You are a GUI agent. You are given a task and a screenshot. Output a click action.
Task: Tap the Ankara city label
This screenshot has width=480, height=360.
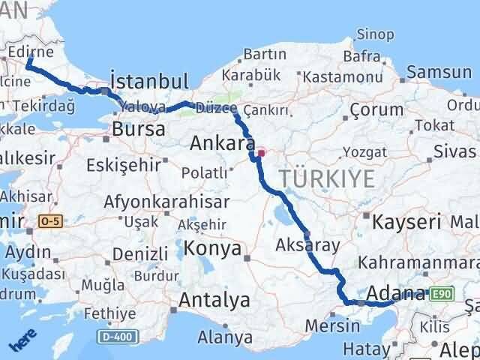[x=220, y=142]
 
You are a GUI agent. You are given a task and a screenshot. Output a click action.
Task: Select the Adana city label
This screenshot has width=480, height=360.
[x=397, y=292]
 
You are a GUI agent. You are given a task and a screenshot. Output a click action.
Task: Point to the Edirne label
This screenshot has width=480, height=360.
[x=31, y=52]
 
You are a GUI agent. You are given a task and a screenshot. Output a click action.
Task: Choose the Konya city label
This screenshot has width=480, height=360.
[x=214, y=249]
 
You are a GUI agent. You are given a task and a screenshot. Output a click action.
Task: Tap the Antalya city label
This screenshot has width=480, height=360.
[x=214, y=301]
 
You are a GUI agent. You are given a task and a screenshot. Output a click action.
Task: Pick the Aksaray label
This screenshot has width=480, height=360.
[x=308, y=244]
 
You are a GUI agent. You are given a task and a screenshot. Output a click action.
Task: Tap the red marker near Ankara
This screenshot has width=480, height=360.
[x=261, y=153]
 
